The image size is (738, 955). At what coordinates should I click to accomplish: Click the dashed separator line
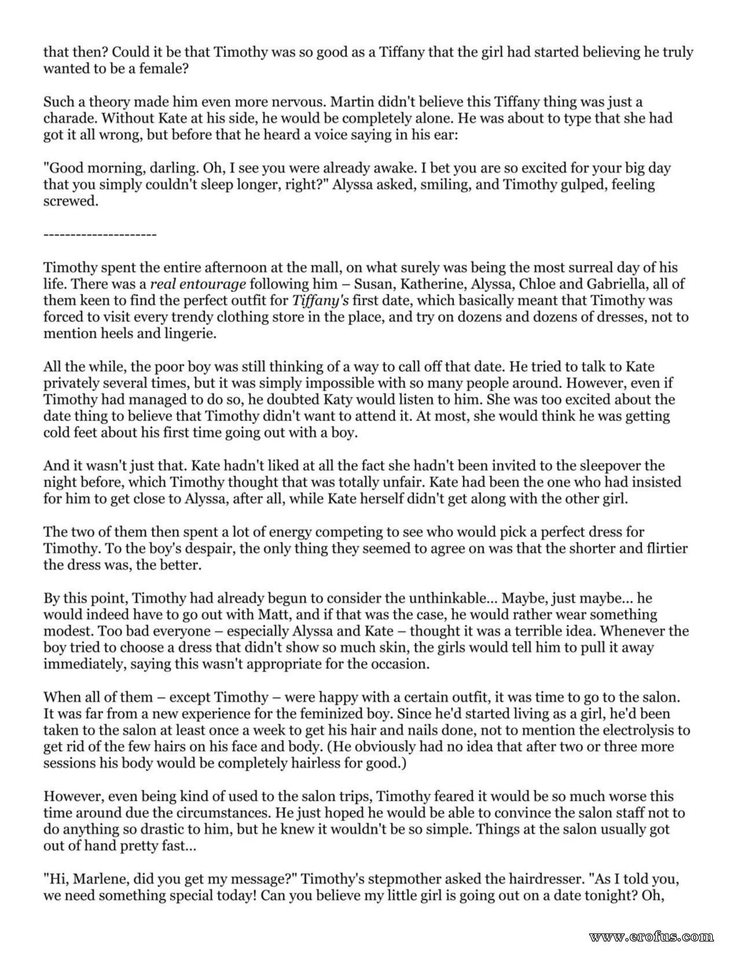pyautogui.click(x=100, y=235)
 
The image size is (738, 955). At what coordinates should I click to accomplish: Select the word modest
pyautogui.click(x=66, y=631)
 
